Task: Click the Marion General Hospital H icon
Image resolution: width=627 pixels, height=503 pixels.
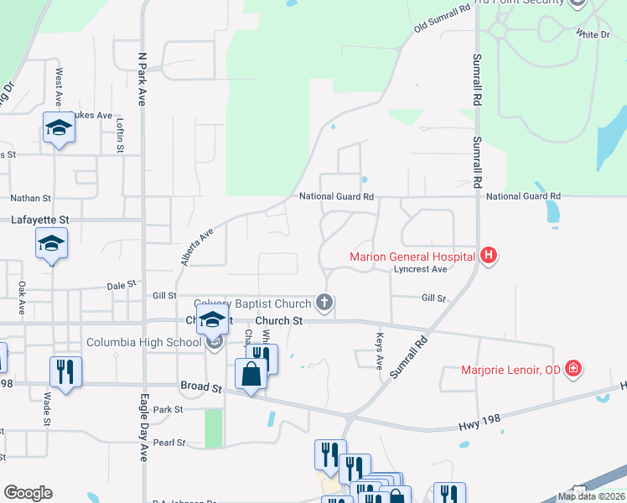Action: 489,257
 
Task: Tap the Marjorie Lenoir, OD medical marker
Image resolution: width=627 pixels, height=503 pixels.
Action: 573,369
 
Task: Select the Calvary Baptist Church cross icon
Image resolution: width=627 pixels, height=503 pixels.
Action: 324,303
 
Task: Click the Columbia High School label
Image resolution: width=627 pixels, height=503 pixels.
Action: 143,343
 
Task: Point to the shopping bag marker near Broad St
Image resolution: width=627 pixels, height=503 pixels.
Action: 251,374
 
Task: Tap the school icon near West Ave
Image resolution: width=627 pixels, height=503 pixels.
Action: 59,128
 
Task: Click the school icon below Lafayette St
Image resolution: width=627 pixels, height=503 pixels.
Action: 51,244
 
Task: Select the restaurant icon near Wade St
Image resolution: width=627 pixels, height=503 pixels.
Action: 65,370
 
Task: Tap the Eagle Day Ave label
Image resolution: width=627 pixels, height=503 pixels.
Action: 143,428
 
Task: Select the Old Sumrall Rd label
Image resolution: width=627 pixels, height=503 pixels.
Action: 442,19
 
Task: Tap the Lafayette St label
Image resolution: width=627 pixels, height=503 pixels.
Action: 39,220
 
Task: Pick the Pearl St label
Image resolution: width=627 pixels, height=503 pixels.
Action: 168,442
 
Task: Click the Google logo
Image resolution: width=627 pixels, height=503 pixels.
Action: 28,493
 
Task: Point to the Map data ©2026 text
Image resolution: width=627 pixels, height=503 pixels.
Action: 592,496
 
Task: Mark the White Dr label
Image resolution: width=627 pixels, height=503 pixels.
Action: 593,34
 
